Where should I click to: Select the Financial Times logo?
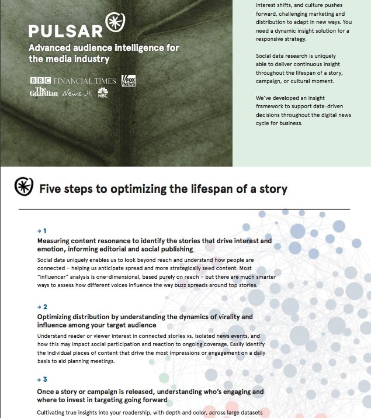[85, 81]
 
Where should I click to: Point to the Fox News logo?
[129, 81]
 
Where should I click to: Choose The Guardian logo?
[44, 92]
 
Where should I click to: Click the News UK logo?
[78, 93]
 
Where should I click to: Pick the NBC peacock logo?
[103, 92]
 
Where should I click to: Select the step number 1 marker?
[42, 231]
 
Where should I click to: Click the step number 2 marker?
[42, 307]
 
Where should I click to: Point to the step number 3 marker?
[42, 381]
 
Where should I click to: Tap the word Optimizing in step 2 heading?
[57, 317]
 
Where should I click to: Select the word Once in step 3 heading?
[47, 391]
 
